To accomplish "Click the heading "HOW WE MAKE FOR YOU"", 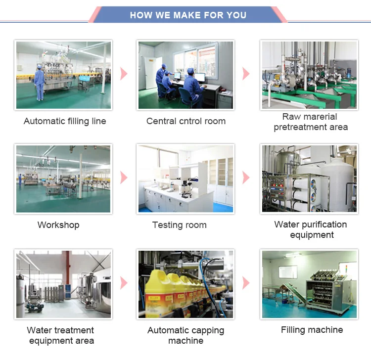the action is pos(188,15).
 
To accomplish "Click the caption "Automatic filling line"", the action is pos(65,121).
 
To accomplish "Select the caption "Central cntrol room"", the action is pos(186,121).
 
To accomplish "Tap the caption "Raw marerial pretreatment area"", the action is pos(311,122).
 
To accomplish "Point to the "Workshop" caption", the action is pos(58,225).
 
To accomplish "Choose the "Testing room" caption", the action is pos(180,225).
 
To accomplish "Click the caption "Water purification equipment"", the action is pos(311,229).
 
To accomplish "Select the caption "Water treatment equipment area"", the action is pos(61,335).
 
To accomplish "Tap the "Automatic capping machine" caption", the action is pos(186,335).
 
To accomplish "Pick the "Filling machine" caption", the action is pos(312,330).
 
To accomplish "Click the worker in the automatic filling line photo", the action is pos(39,82).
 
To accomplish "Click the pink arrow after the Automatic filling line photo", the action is pos(124,74).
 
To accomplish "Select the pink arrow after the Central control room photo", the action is pos(246,74).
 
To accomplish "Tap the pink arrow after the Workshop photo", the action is pos(124,178).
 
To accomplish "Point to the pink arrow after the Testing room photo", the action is pos(246,178).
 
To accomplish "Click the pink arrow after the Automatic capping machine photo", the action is pos(246,283).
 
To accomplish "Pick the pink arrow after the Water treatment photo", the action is pos(124,283).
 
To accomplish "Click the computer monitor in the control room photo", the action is pos(199,78).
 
